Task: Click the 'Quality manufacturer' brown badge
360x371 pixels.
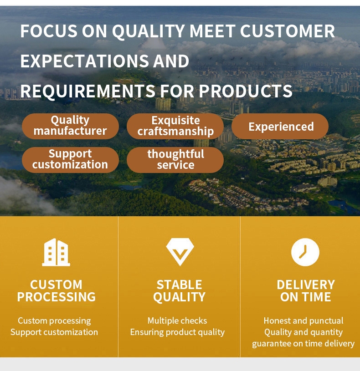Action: click(70, 126)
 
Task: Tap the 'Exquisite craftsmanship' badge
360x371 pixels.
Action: click(175, 126)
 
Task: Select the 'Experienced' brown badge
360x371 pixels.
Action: click(280, 126)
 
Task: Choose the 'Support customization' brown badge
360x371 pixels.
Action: click(70, 160)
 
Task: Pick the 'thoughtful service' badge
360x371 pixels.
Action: click(175, 160)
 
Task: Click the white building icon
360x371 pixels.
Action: click(56, 252)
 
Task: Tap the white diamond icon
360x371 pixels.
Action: click(180, 252)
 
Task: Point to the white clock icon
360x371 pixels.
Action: click(305, 252)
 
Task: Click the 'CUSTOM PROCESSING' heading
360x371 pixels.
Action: click(56, 291)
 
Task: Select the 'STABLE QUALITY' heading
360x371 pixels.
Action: click(179, 291)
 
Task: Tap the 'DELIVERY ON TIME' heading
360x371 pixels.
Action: click(306, 291)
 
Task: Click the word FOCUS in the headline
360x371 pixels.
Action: click(49, 31)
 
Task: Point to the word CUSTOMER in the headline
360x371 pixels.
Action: click(288, 31)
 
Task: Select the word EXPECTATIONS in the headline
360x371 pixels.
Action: click(85, 61)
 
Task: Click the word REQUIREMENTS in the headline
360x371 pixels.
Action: click(88, 91)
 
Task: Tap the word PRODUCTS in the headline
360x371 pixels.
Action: click(246, 91)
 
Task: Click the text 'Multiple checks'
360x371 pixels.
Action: click(177, 321)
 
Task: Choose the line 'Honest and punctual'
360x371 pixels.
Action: click(303, 321)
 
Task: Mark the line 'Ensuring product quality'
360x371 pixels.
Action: click(177, 332)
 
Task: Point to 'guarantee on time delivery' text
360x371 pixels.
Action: click(303, 344)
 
